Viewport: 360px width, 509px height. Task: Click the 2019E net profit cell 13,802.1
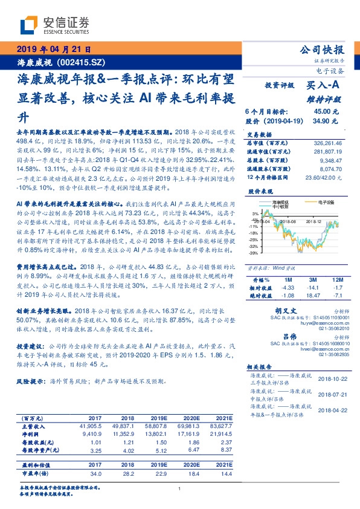pyautogui.click(x=159, y=434)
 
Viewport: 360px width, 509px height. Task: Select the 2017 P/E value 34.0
pyautogui.click(x=94, y=475)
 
